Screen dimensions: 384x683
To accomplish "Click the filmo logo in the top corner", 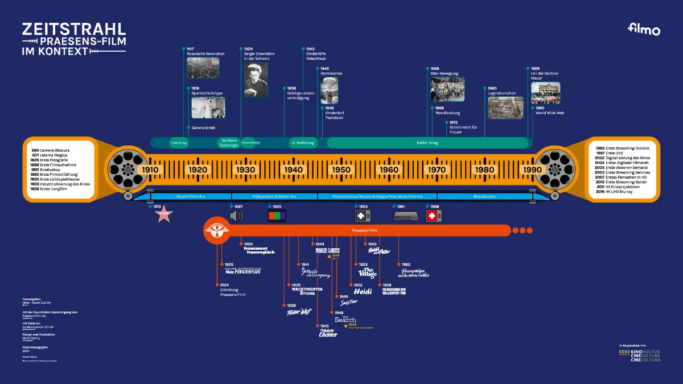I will pos(644,30).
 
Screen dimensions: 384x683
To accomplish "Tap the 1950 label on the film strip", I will pos(341,170).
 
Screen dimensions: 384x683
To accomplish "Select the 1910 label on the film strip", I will pos(150,170).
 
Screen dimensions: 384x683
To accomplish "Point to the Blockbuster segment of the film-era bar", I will pos(485,196).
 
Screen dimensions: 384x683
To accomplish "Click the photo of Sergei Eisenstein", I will pos(256,80).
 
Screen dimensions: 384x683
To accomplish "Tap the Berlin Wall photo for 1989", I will pos(545,93).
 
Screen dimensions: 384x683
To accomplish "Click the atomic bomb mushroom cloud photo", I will pos(329,90).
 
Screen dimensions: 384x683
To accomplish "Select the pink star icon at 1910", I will pos(163,216).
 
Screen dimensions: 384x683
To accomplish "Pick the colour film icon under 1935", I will pos(277,216).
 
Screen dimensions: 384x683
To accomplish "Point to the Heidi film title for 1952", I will pos(363,291).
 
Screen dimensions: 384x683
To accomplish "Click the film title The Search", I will pos(345,320).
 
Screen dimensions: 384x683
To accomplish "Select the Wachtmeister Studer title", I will pos(307,291).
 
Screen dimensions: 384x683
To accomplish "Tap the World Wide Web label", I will pos(549,113).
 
